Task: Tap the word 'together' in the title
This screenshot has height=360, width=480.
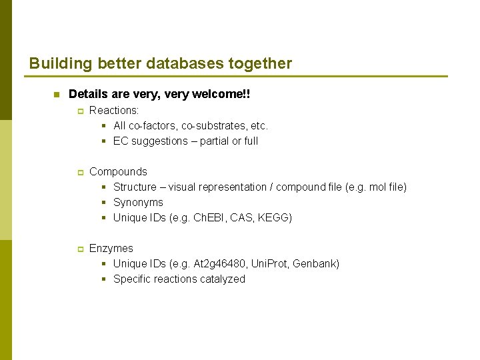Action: [260, 64]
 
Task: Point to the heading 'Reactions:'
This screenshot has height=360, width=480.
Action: [114, 110]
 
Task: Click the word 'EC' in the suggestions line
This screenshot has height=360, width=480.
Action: [121, 141]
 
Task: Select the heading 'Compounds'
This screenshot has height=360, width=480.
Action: [118, 171]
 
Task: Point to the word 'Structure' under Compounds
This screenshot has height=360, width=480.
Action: [135, 187]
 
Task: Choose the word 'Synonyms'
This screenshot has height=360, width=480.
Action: [138, 202]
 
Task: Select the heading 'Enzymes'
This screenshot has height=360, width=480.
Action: [111, 248]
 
